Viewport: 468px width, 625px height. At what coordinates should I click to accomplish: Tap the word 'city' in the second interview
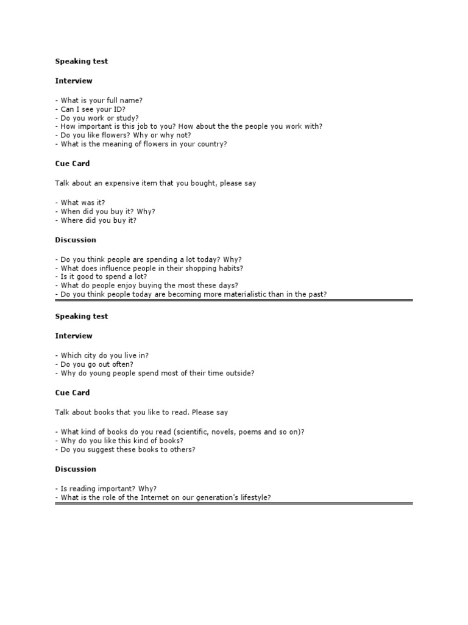[91, 355]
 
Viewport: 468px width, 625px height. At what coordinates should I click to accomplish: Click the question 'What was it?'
[84, 202]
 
